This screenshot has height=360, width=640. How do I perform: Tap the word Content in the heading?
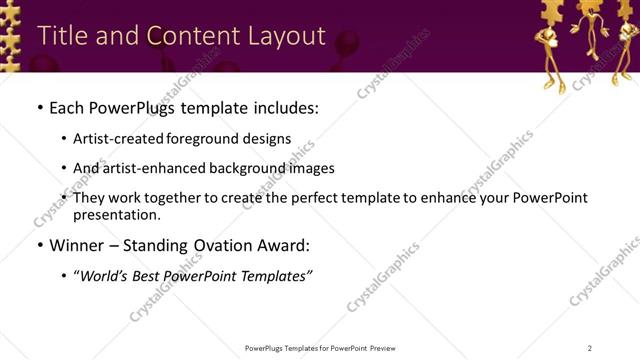(x=191, y=35)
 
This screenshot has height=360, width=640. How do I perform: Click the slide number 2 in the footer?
(x=589, y=348)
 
